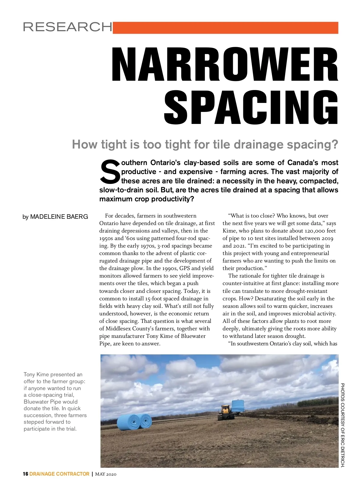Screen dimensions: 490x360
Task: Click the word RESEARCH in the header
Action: tap(67, 27)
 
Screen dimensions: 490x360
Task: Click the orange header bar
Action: tap(225, 28)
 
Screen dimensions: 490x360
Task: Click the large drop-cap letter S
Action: tap(110, 172)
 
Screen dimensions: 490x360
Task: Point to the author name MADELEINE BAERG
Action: tap(59, 217)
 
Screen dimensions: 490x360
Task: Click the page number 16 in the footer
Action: tap(25, 474)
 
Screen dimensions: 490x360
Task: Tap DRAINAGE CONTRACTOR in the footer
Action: tap(59, 474)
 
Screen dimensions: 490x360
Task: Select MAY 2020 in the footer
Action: tap(106, 474)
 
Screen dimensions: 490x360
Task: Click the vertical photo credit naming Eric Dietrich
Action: tap(343, 425)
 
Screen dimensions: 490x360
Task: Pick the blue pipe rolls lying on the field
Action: tap(134, 422)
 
